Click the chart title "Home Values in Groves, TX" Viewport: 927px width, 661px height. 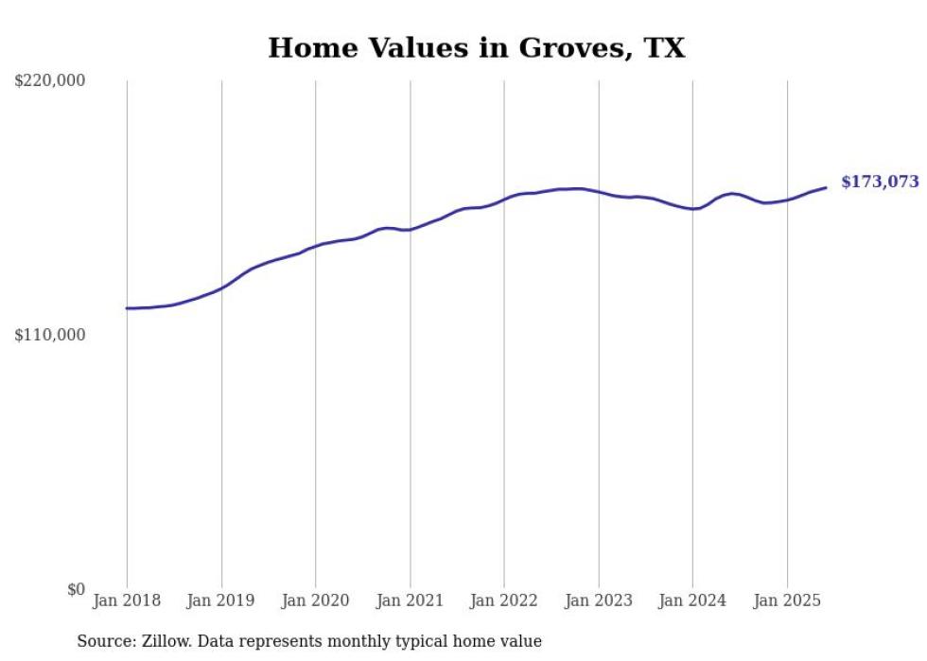pos(476,48)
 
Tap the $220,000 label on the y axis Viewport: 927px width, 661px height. pos(50,81)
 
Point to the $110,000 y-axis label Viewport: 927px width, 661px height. pos(50,335)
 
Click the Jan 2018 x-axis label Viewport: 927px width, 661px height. pos(127,600)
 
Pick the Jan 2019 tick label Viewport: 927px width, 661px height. pos(221,600)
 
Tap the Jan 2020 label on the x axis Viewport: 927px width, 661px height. pos(316,600)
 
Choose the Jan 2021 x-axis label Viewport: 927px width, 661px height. pos(410,600)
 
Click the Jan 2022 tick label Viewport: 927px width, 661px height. pos(504,600)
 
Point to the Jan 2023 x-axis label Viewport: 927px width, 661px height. pos(598,600)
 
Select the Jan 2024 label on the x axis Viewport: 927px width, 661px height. pos(692,600)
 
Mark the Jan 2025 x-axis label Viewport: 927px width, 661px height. pos(787,600)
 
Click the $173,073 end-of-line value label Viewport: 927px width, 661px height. pos(880,183)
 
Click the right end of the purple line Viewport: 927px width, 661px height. pos(826,187)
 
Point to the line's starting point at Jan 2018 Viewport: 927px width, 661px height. pos(127,308)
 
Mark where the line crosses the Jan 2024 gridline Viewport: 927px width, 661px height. pos(692,209)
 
